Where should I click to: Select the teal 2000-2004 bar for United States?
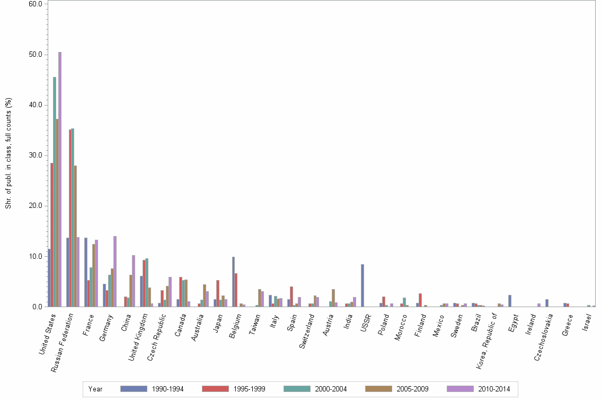click(55, 191)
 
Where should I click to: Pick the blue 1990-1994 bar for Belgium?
click(233, 282)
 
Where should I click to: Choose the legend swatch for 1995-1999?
click(215, 389)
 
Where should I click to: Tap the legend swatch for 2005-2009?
click(378, 389)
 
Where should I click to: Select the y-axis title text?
click(8, 153)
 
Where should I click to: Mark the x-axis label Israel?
click(588, 321)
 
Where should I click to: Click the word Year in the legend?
click(95, 389)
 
